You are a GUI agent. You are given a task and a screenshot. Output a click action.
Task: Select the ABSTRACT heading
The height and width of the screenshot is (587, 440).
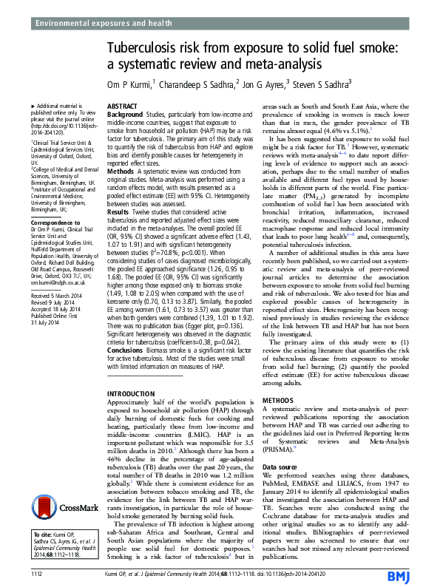tap(122, 107)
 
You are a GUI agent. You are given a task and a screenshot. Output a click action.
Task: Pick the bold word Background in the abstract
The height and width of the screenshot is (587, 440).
tap(125, 115)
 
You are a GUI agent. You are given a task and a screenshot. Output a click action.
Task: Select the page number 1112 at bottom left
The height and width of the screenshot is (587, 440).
tap(36, 574)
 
